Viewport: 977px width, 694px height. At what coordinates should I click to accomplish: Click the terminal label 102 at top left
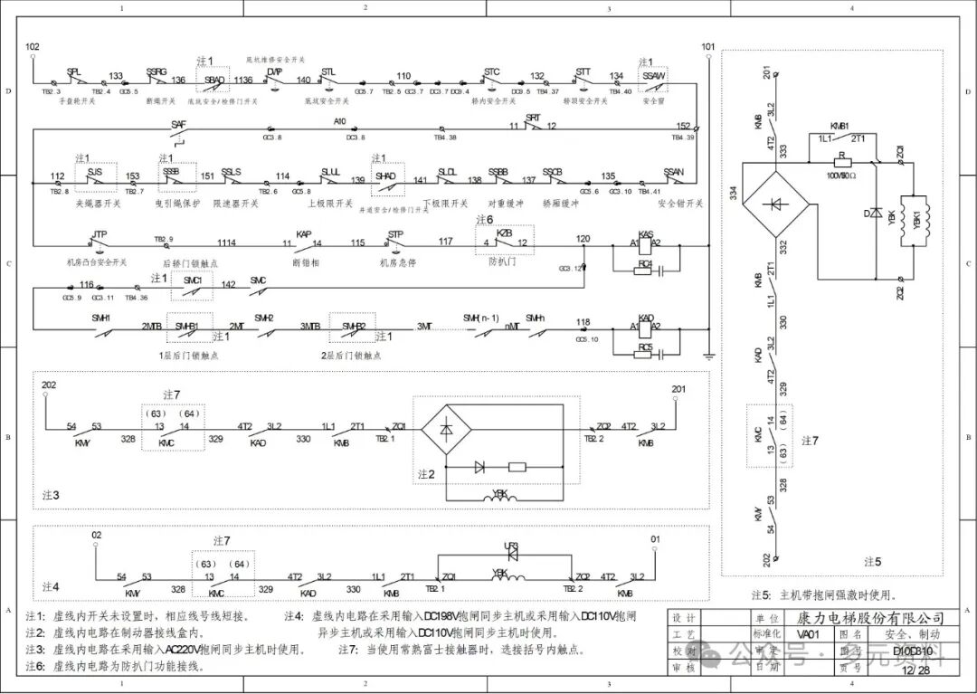click(x=33, y=46)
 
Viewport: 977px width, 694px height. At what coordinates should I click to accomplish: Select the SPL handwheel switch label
click(x=74, y=71)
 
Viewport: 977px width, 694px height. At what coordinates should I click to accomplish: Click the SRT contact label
click(x=533, y=118)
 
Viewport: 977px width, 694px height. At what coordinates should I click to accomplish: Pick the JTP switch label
click(x=99, y=234)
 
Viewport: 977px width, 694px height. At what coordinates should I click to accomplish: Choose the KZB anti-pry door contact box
click(x=505, y=240)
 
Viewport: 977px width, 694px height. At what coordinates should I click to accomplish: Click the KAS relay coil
click(x=645, y=243)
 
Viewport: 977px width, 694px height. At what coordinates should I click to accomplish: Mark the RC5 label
click(x=645, y=347)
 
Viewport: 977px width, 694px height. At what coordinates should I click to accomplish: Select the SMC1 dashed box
click(x=192, y=283)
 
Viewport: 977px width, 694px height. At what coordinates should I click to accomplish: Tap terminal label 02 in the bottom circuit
click(x=97, y=536)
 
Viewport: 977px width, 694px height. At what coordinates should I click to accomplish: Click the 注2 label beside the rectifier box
click(x=426, y=473)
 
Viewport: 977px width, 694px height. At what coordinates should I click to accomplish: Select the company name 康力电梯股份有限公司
click(x=869, y=617)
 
